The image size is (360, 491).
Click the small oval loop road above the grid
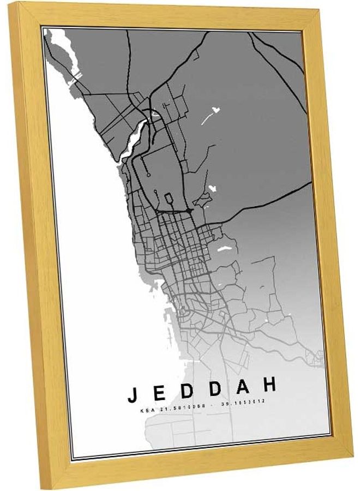pyautogui.click(x=169, y=199)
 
